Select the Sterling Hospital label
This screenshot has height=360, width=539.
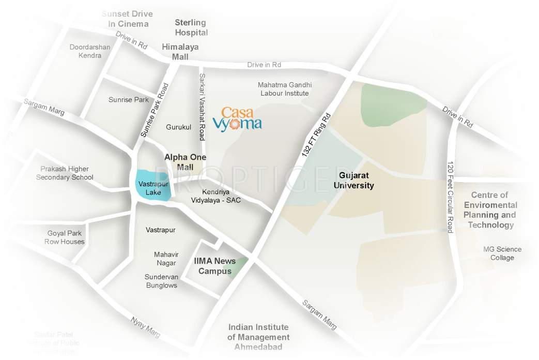191,27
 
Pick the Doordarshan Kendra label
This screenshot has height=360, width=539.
90,51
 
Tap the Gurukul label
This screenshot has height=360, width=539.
179,127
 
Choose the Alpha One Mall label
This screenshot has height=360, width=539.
185,162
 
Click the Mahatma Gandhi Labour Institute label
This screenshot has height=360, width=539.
285,89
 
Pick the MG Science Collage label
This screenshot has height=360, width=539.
502,253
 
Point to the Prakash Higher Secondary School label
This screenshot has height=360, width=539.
65,173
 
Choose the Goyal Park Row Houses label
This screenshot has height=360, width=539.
65,237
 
